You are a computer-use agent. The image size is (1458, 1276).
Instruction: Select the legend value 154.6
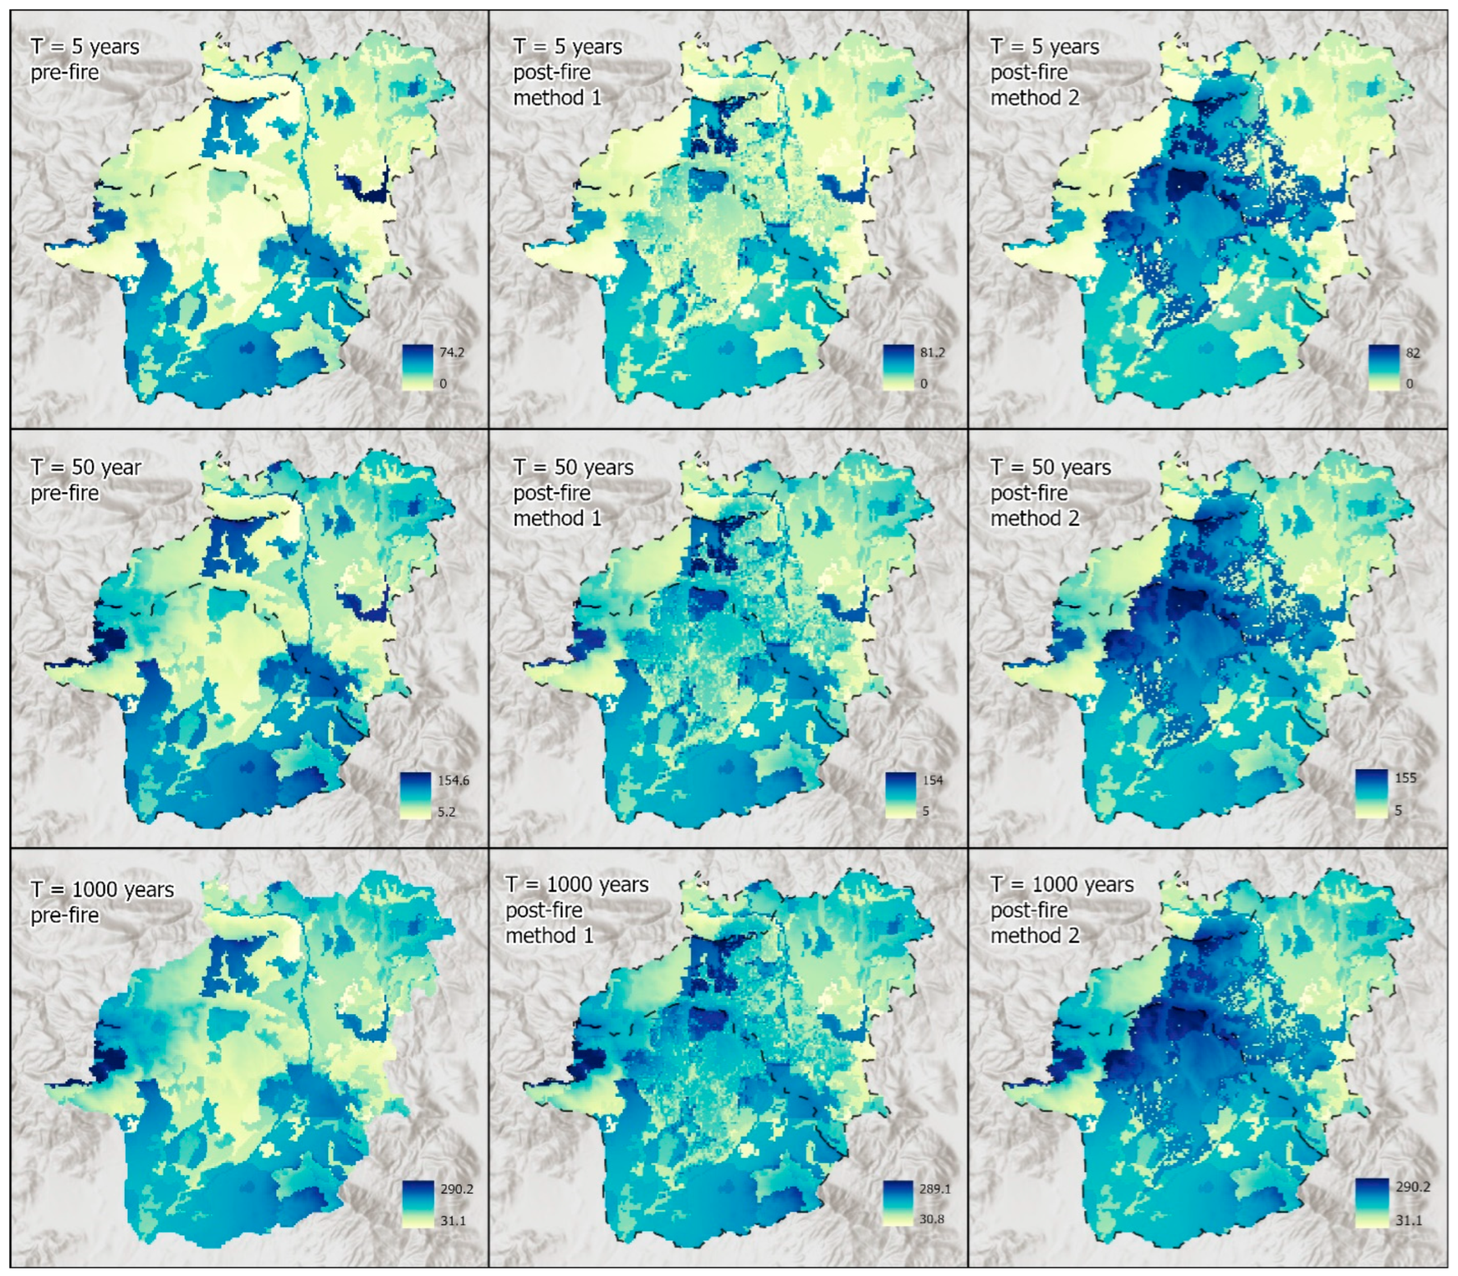pos(454,780)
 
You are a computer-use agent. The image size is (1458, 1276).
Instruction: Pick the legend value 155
pos(1405,777)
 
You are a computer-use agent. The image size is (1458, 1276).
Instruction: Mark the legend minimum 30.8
pos(931,1219)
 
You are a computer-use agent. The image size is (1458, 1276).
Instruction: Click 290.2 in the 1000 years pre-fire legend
pos(456,1188)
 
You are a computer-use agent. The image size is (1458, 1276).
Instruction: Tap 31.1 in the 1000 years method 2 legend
pos(1409,1220)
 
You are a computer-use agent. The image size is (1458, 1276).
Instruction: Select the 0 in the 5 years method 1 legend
pos(924,384)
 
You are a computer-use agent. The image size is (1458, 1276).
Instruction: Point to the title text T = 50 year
pos(85,468)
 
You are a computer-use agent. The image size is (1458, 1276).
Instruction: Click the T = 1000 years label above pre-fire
pos(102,890)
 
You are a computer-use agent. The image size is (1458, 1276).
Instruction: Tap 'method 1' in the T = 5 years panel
pos(558,97)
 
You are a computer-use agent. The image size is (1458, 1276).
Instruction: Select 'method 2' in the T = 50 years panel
pos(1035,518)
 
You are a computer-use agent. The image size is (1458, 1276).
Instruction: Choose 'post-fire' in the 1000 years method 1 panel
pos(544,910)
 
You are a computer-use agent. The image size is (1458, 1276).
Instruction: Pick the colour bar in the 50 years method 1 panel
pos(900,795)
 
